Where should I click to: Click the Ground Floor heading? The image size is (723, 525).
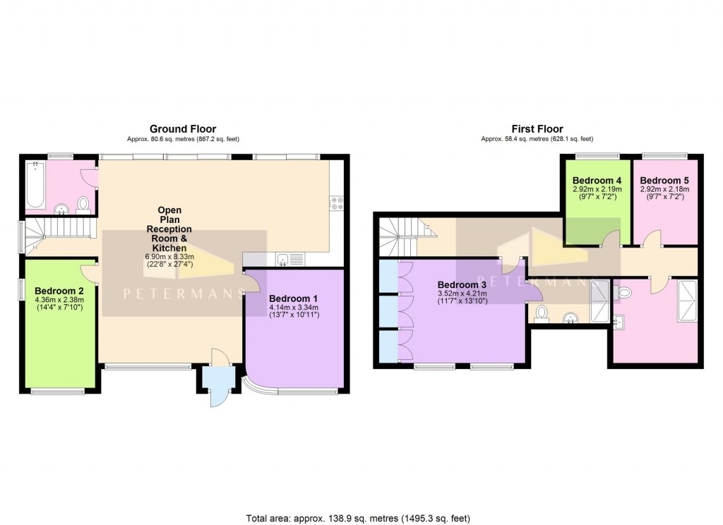[182, 128]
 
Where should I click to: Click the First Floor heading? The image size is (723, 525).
[537, 129]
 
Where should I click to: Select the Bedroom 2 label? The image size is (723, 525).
[59, 291]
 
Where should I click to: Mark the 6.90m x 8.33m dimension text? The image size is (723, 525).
[169, 257]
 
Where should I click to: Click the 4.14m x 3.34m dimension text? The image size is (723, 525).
[294, 307]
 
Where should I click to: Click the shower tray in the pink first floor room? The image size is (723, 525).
[686, 301]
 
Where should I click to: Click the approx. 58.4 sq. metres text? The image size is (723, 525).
[537, 139]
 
